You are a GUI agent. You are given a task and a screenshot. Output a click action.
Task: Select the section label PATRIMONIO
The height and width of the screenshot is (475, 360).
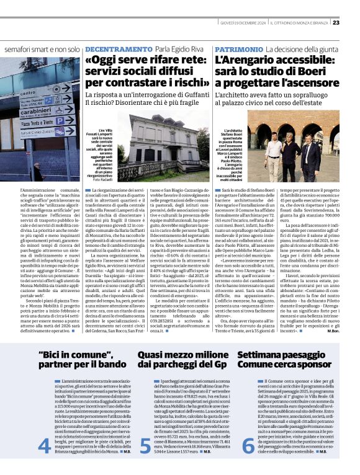coord(238,48)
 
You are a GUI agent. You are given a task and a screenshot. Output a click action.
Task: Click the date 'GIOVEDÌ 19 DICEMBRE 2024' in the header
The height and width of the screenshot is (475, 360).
coord(243,23)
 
